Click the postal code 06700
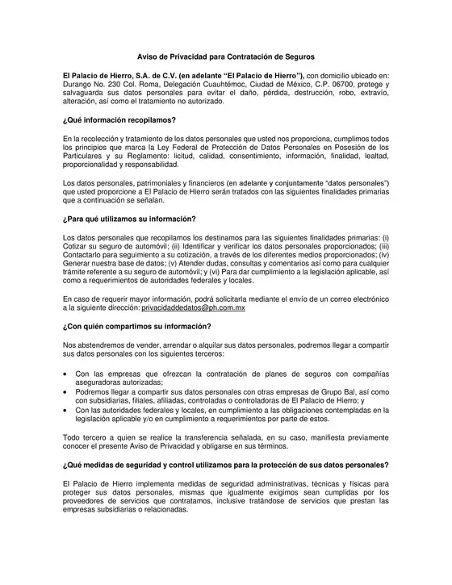346,83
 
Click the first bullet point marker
65,374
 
